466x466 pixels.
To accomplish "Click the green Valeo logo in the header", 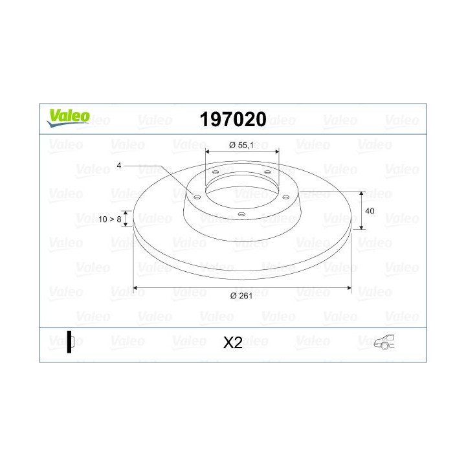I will [67, 116].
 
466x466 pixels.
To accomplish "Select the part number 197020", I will [233, 119].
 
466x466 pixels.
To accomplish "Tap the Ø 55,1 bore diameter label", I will [241, 146].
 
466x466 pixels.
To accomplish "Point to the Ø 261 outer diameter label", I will [241, 296].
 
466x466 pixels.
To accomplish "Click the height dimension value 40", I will [370, 212].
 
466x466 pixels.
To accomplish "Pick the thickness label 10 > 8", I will [111, 219].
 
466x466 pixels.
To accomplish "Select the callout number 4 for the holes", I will [119, 166].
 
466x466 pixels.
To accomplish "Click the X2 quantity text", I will [232, 343].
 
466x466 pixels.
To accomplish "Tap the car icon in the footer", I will [384, 342].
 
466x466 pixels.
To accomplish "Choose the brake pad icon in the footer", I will [71, 342].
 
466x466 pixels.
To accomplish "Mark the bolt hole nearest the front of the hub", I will [241, 215].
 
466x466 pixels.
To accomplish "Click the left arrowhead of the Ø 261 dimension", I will [135, 287].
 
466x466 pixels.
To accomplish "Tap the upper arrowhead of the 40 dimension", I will [362, 194].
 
